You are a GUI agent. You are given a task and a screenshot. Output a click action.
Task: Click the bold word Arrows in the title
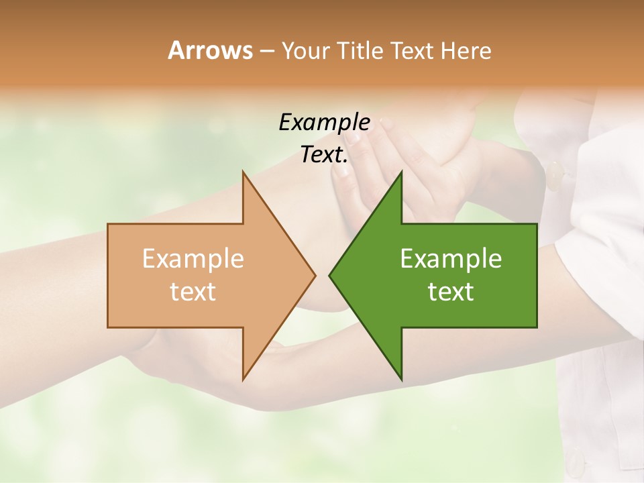pos(209,50)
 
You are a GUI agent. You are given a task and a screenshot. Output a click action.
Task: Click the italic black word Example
pos(324,123)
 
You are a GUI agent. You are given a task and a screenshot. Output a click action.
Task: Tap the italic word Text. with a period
pos(324,155)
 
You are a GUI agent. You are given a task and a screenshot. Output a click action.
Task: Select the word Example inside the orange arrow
pos(193,259)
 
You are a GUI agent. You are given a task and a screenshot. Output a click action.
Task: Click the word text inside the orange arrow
pos(193,292)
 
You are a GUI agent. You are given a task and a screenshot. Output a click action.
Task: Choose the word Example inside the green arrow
pos(451,259)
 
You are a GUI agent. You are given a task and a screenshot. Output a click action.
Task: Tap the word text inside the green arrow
pos(451,292)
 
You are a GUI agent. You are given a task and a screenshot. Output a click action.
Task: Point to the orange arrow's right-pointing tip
pos(315,275)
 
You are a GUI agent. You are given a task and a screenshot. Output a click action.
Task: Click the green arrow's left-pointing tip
pos(329,275)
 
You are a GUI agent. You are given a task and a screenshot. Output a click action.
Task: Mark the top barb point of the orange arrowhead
pos(243,171)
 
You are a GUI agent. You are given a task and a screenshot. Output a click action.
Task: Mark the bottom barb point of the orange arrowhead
pos(243,380)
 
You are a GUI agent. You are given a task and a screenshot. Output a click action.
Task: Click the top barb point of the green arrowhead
pos(401,171)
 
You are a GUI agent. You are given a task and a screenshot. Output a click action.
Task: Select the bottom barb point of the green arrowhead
pos(401,380)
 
